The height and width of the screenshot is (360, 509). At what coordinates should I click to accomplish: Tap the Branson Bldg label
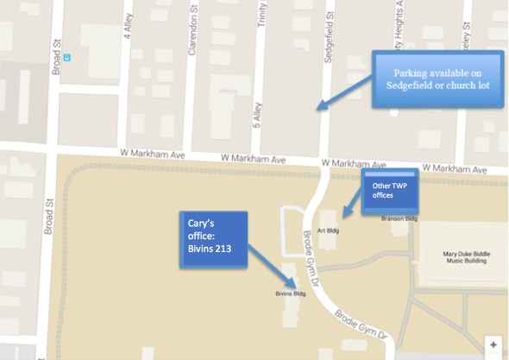pyautogui.click(x=399, y=219)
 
